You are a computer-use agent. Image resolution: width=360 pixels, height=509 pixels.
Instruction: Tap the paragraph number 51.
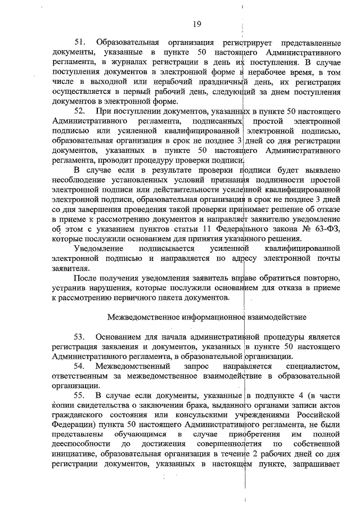[x=80, y=43]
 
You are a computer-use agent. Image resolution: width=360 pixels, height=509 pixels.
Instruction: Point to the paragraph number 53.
[x=80, y=337]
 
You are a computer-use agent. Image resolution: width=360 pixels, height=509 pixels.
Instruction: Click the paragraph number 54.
[x=80, y=367]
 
